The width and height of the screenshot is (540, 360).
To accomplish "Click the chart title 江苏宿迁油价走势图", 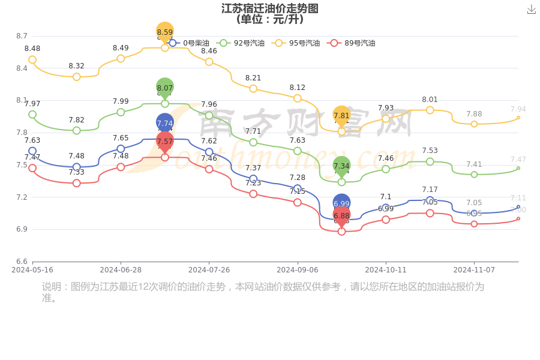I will [x=269, y=8].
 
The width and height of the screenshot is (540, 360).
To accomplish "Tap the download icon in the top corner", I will [x=531, y=9].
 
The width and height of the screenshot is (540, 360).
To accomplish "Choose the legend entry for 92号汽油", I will [x=242, y=43].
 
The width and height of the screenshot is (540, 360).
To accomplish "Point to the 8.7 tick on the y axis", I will [x=22, y=36].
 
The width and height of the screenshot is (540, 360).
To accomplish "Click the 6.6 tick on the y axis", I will [x=22, y=262].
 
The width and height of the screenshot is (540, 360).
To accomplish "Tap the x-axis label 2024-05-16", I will [x=32, y=270].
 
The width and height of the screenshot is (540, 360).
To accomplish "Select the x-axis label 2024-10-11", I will [x=386, y=270].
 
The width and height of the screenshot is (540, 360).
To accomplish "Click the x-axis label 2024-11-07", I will [x=474, y=270].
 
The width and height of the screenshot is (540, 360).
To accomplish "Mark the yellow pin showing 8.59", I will [x=165, y=32].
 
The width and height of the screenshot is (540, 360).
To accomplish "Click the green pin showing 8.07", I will [x=165, y=88].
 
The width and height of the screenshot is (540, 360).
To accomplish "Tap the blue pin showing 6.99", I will [x=341, y=204].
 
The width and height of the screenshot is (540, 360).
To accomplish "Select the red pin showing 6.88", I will [x=341, y=216].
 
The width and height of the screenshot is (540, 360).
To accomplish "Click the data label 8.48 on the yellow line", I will [x=32, y=49].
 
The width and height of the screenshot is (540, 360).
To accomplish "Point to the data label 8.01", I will [x=430, y=100].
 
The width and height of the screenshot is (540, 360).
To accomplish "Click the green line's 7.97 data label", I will [x=32, y=104].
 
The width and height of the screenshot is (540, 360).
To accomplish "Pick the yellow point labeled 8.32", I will [x=76, y=77].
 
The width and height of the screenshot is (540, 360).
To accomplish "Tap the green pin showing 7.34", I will [x=341, y=166].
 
